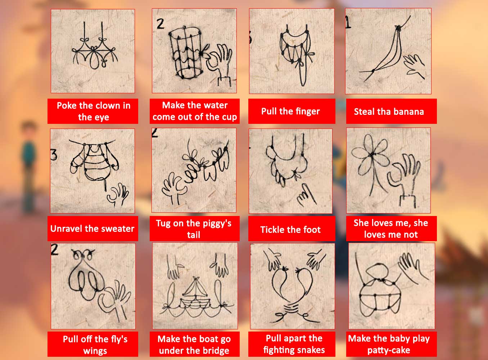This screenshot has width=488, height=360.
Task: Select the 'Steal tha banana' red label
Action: [391, 111]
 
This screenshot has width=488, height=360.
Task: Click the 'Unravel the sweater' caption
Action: [93, 229]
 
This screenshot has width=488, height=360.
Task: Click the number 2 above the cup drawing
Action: [161, 24]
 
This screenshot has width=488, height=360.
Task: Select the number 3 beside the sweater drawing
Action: [54, 155]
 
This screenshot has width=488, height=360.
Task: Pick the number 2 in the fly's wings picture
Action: [54, 250]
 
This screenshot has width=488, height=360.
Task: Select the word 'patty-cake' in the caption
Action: [389, 350]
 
